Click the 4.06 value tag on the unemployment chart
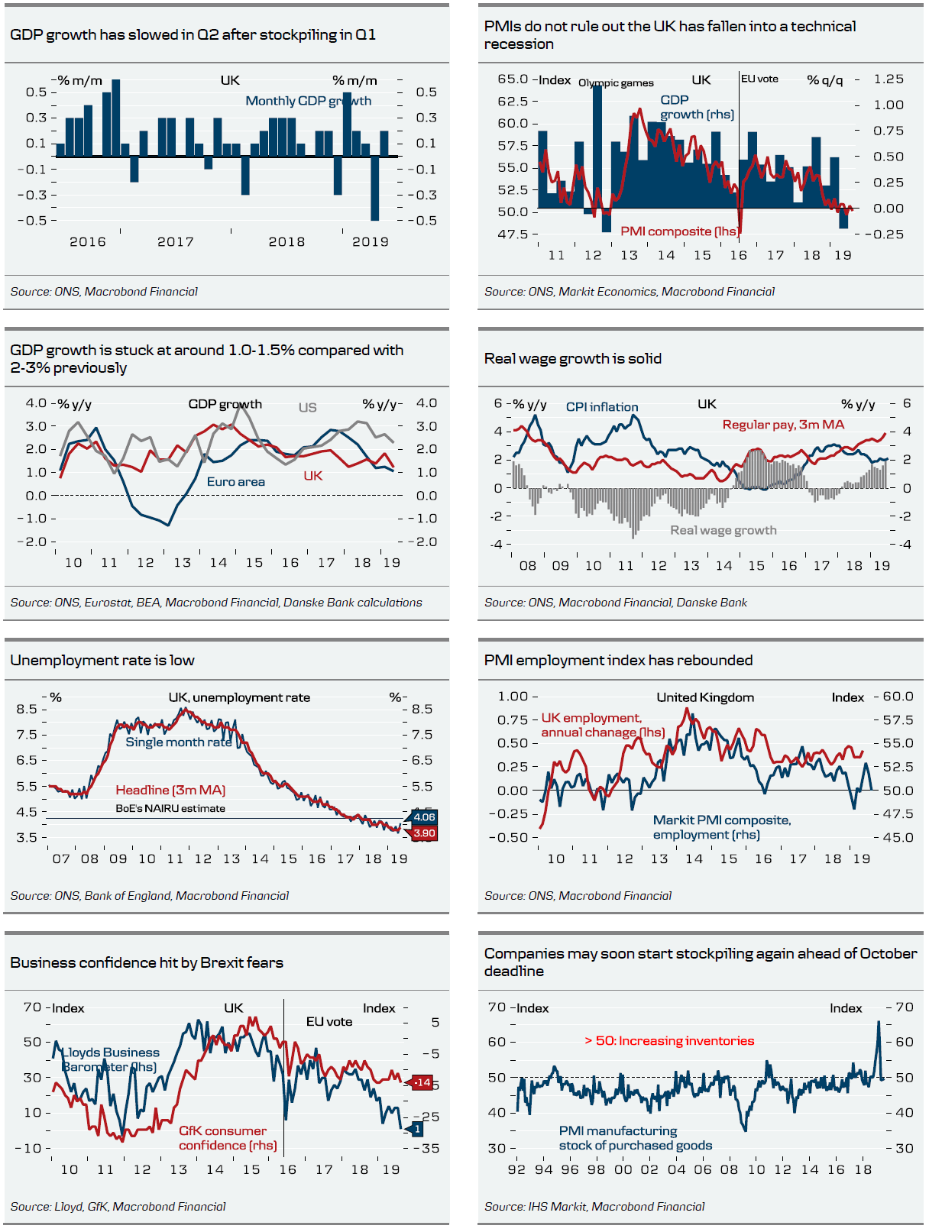pos(424,817)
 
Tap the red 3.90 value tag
pos(424,833)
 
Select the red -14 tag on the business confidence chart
pos(422,1082)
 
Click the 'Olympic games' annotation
pos(616,82)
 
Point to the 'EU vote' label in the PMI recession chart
pos(760,79)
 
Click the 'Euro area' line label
pos(236,482)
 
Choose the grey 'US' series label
pos(307,407)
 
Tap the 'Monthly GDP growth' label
pos(308,101)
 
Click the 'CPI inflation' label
pos(602,407)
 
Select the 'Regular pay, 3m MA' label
pos(783,425)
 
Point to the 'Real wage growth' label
pos(723,530)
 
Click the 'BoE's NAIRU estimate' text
pos(170,808)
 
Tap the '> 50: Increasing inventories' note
pos(669,1040)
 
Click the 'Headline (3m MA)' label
pos(170,790)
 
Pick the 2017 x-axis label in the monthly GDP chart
pos(176,241)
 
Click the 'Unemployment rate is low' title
pos(102,660)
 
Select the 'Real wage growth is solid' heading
pos(573,358)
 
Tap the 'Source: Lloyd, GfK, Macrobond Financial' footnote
pos(118,1206)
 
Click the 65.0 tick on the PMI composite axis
pos(513,79)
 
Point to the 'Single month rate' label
pos(179,742)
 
